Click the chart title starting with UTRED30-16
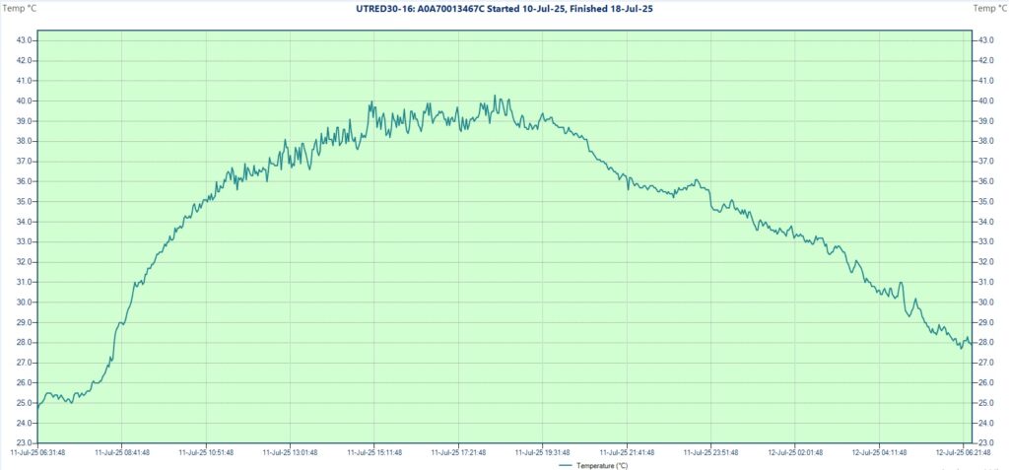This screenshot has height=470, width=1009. pyautogui.click(x=504, y=8)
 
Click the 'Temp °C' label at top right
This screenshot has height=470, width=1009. pyautogui.click(x=989, y=8)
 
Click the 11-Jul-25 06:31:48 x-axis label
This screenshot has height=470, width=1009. pyautogui.click(x=38, y=452)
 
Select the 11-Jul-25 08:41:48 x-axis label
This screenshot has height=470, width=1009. pyautogui.click(x=122, y=452)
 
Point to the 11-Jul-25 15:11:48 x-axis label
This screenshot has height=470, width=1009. pyautogui.click(x=374, y=452)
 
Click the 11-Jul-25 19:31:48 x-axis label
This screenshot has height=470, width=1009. pyautogui.click(x=542, y=452)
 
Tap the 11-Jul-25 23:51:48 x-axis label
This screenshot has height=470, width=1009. pyautogui.click(x=710, y=452)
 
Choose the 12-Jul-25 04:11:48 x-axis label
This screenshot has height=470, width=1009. pyautogui.click(x=878, y=452)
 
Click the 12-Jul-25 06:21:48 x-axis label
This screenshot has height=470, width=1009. pyautogui.click(x=963, y=452)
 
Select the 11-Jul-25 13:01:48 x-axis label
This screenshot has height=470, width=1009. pyautogui.click(x=290, y=452)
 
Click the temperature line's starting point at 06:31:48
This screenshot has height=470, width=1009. pyautogui.click(x=39, y=403)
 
